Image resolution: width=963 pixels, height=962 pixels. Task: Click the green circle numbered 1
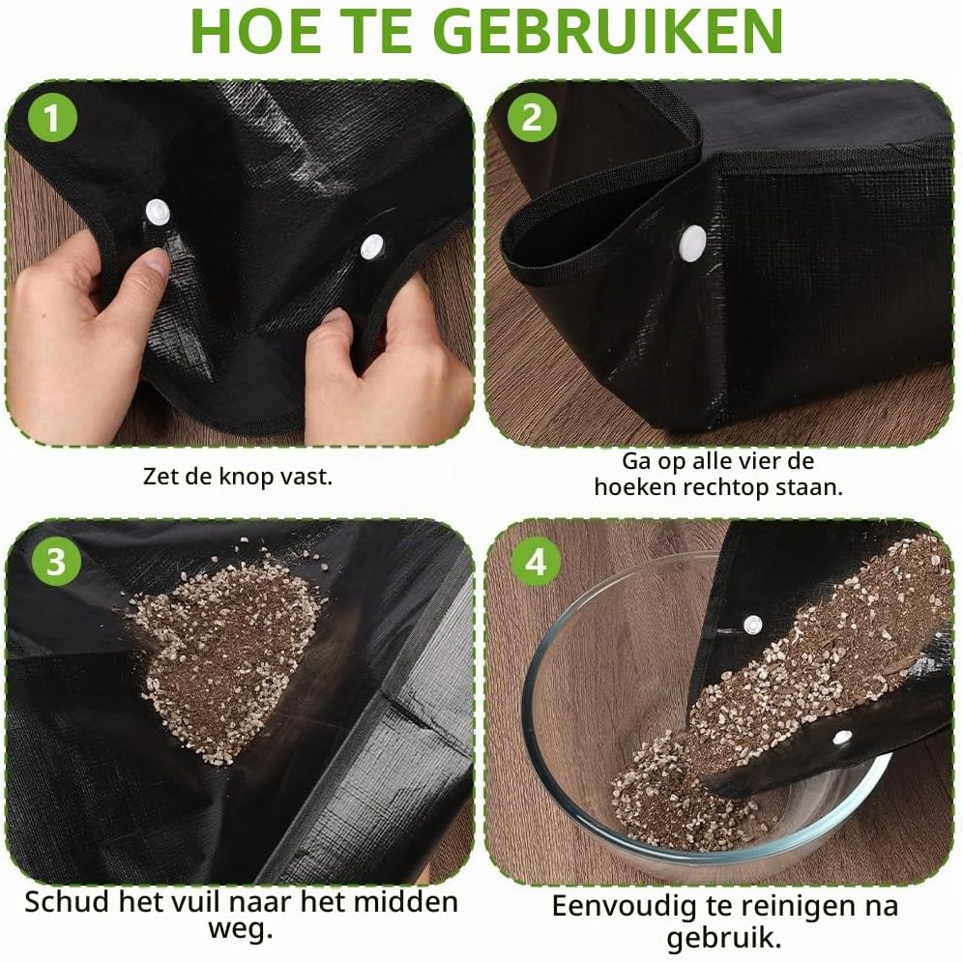tap(53, 117)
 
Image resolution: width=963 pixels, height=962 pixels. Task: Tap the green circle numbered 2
tap(532, 117)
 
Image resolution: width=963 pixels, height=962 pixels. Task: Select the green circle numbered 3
tap(56, 561)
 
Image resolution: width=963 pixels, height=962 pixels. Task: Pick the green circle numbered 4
tap(536, 561)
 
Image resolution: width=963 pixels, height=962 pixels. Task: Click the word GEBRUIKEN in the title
tap(612, 31)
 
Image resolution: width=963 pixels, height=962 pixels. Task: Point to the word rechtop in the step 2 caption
tap(726, 487)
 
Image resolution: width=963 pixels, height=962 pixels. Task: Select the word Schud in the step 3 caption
tap(69, 902)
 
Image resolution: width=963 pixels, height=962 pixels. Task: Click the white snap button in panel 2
tap(693, 243)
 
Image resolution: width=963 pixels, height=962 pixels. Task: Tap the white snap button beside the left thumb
tap(158, 213)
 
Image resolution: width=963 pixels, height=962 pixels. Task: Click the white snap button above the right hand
tap(371, 247)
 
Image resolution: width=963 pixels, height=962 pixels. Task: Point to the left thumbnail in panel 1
tap(158, 263)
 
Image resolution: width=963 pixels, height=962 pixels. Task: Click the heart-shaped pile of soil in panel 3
tap(226, 651)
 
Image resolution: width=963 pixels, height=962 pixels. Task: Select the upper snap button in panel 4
tap(753, 626)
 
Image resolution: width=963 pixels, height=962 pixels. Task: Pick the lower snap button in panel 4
tap(842, 737)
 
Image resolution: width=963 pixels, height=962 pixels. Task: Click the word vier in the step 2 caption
tap(748, 461)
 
